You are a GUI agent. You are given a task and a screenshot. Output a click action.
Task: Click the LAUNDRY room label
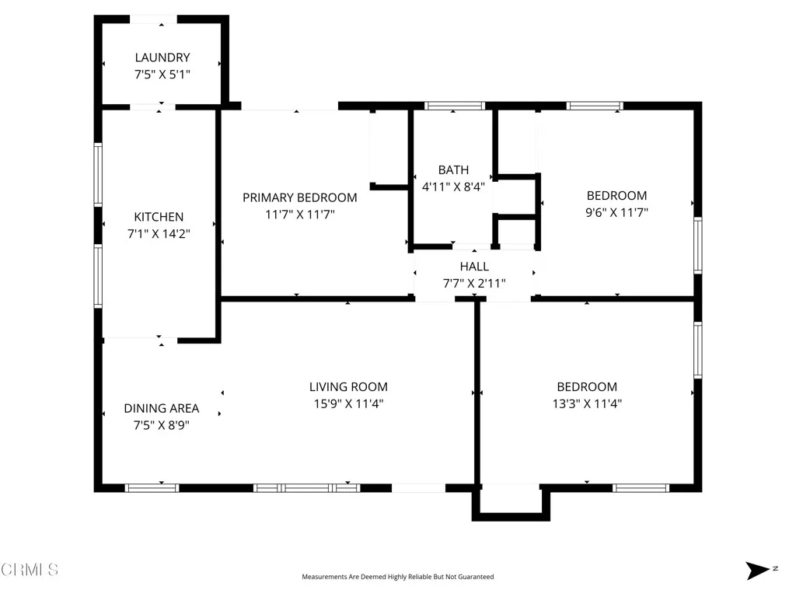pos(162,58)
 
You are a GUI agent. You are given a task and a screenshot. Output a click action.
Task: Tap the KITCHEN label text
pos(159,217)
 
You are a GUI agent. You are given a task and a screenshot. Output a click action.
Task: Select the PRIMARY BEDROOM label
pos(299,197)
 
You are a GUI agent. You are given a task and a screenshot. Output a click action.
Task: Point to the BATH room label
pos(453,169)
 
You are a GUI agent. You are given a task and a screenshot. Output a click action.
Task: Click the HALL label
pos(474,267)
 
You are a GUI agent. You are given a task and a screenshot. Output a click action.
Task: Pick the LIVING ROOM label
pos(348,386)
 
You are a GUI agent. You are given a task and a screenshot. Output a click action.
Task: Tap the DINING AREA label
pos(162,408)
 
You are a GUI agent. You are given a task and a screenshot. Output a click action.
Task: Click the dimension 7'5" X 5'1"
pos(162,75)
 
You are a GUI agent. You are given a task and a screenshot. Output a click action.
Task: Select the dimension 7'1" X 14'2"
pos(159,233)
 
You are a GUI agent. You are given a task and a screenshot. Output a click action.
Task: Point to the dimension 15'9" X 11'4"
pos(348,403)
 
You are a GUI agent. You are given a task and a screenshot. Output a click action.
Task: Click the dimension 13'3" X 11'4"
pos(587,403)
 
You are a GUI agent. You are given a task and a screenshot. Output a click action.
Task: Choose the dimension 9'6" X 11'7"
pos(616,212)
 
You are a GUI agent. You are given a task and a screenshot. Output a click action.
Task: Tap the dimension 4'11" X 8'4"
pos(453,187)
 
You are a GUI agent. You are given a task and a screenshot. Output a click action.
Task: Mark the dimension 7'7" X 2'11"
pos(474,284)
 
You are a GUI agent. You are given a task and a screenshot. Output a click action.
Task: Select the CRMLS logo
pos(30,570)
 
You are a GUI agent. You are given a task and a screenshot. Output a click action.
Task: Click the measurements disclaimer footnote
pos(397,577)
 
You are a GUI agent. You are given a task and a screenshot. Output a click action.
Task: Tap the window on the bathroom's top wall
pos(454,106)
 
